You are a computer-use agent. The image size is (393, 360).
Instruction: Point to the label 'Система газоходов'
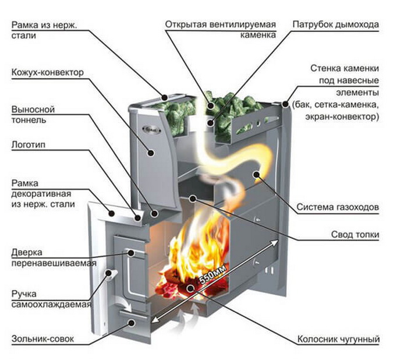tap(338, 207)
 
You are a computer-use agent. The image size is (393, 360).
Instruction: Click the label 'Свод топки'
tap(356, 235)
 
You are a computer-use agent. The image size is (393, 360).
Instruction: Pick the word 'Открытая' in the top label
tap(185, 25)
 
